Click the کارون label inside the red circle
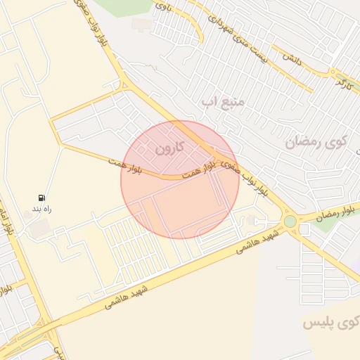tap(169, 148)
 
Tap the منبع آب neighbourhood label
tap(224, 103)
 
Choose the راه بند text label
tap(42, 209)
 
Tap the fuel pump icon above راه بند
tap(43, 198)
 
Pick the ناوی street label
tap(163, 8)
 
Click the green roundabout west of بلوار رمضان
tap(290, 221)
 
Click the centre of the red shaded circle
tap(180, 179)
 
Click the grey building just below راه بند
tap(41, 227)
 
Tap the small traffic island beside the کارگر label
tap(333, 72)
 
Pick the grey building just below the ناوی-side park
tap(141, 25)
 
